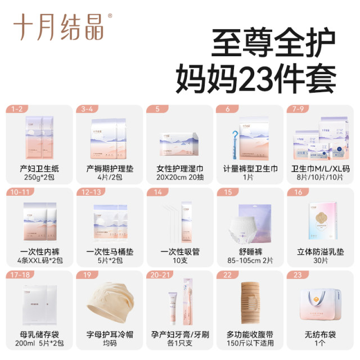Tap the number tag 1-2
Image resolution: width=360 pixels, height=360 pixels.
click(x=18, y=109)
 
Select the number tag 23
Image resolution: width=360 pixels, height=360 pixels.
click(x=298, y=276)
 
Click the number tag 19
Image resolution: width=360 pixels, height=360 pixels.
click(x=87, y=276)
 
